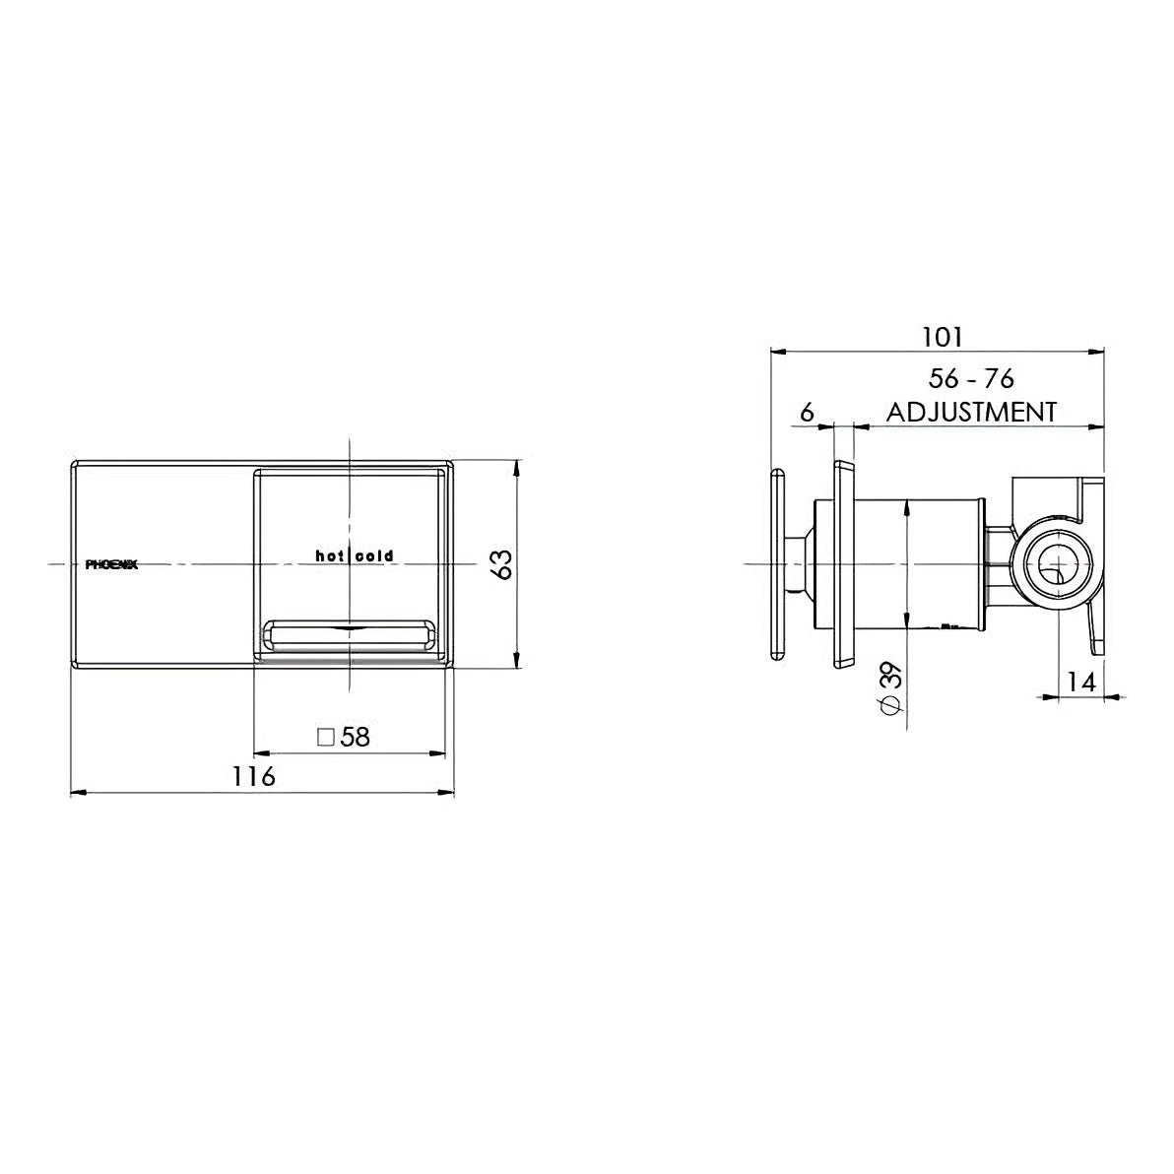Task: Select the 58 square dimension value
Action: [x=355, y=737]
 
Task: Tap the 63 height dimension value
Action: [x=502, y=564]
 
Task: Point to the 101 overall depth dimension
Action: [x=941, y=337]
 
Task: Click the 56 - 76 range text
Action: [x=971, y=379]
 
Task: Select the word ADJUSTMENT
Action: [x=971, y=412]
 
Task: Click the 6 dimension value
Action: [x=807, y=412]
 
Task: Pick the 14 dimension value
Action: [x=1080, y=681]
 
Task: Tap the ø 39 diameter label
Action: [x=889, y=689]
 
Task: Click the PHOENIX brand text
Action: [x=111, y=564]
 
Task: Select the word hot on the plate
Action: [x=330, y=556]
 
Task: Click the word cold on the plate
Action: [x=375, y=556]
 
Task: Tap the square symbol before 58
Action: [x=326, y=737]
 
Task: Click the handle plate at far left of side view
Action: [x=777, y=563]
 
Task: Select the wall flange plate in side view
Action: [x=844, y=563]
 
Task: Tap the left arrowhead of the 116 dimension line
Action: [x=78, y=791]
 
